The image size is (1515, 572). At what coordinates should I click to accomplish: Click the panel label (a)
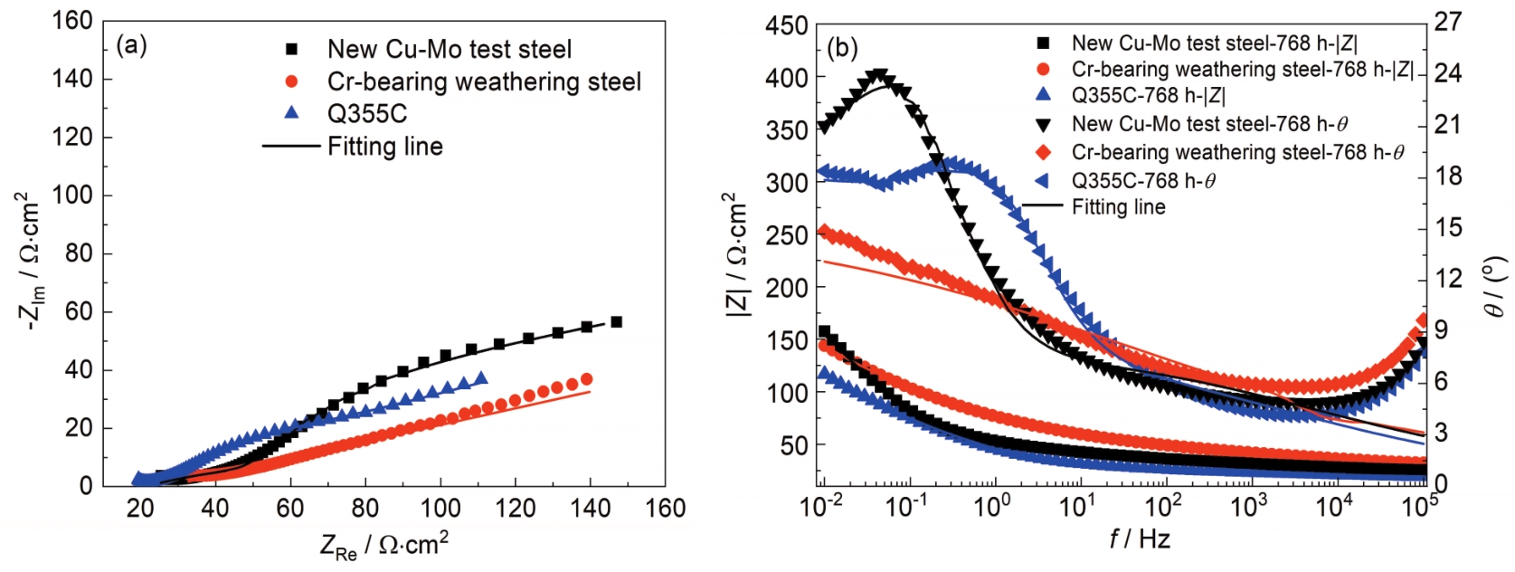coord(132,44)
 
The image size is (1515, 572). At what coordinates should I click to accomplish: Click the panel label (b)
coord(842,48)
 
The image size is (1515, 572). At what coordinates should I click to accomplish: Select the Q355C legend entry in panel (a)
coord(367,113)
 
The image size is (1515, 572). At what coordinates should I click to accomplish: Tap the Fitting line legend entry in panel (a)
coord(384,146)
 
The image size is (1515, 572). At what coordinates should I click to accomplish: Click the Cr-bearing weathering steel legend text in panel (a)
coord(484,81)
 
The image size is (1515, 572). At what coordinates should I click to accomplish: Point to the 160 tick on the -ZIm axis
coord(72,20)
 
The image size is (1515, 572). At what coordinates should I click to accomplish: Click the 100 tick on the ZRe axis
coord(440,509)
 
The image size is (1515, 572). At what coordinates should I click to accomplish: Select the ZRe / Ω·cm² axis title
coord(384,545)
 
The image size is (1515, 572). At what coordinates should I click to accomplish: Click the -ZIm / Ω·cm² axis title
coord(29,262)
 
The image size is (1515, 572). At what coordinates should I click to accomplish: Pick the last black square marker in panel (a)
coord(617,322)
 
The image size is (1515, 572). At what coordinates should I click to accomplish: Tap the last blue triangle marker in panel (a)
coord(480,378)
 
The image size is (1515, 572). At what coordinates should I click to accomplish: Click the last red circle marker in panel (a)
coord(587,379)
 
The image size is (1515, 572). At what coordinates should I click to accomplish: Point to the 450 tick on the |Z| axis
coord(786,25)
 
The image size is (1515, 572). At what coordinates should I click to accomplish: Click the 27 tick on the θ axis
coord(1448,21)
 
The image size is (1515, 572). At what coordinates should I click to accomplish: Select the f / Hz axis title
coord(1140,539)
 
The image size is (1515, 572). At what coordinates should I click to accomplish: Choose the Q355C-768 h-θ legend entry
coord(1143,181)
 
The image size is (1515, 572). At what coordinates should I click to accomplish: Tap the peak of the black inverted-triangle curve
coord(878,75)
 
